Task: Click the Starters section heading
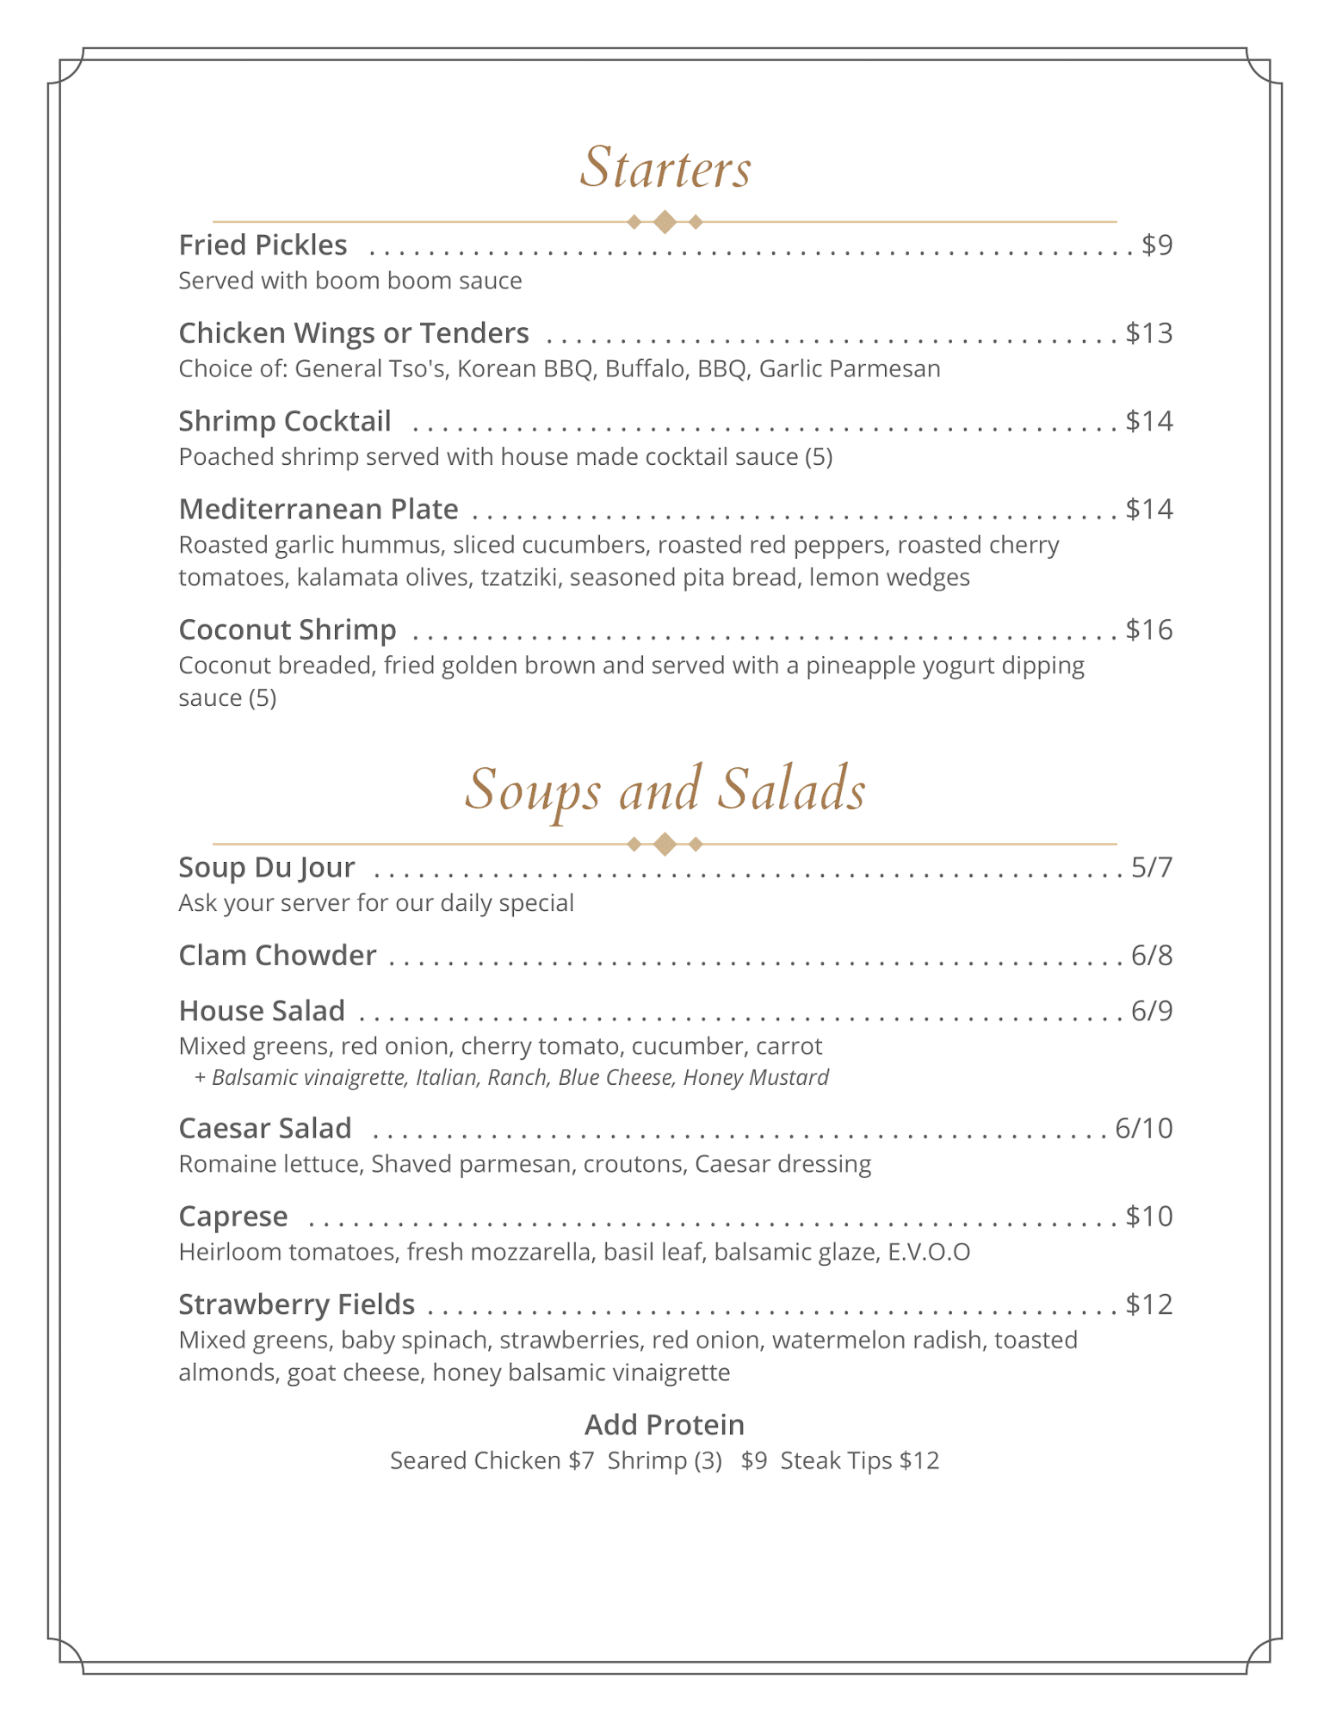tap(665, 167)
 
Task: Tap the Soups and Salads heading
tap(665, 789)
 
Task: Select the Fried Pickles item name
tap(263, 245)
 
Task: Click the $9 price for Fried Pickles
tap(1157, 245)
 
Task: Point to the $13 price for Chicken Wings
tap(1149, 333)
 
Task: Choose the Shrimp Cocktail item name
tap(285, 421)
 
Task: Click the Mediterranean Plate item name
tap(319, 509)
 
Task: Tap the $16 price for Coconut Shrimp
tap(1149, 630)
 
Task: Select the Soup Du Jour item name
tap(267, 867)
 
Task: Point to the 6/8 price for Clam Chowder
tap(1152, 956)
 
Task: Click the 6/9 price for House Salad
tap(1152, 1011)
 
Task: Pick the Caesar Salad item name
tap(265, 1128)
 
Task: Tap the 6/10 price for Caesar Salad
tap(1143, 1128)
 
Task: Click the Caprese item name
tap(233, 1217)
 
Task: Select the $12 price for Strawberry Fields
tap(1149, 1304)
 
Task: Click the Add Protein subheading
tap(665, 1425)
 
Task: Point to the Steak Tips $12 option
tap(859, 1461)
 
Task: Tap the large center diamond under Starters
tap(665, 222)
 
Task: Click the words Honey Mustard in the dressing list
tap(756, 1078)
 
